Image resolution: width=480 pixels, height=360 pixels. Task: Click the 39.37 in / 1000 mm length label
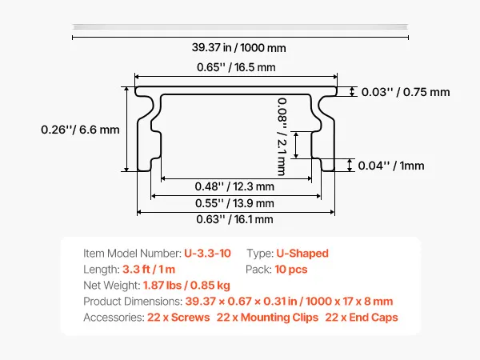pos(238,48)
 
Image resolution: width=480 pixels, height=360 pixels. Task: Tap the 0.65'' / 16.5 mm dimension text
pos(236,67)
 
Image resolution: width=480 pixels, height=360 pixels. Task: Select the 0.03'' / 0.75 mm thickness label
pos(406,92)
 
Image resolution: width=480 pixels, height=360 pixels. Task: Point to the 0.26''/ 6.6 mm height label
pos(80,130)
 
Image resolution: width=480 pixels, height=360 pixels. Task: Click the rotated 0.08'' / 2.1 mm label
pos(282,137)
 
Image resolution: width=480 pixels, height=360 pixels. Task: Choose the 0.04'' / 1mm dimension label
pos(391,166)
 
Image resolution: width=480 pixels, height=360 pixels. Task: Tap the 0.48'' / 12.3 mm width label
pos(234,186)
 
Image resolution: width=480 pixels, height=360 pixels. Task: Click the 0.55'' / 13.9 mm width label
pos(234,203)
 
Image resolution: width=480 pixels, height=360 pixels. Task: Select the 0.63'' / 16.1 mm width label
pos(234,219)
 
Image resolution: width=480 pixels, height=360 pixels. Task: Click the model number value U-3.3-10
pos(207,254)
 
